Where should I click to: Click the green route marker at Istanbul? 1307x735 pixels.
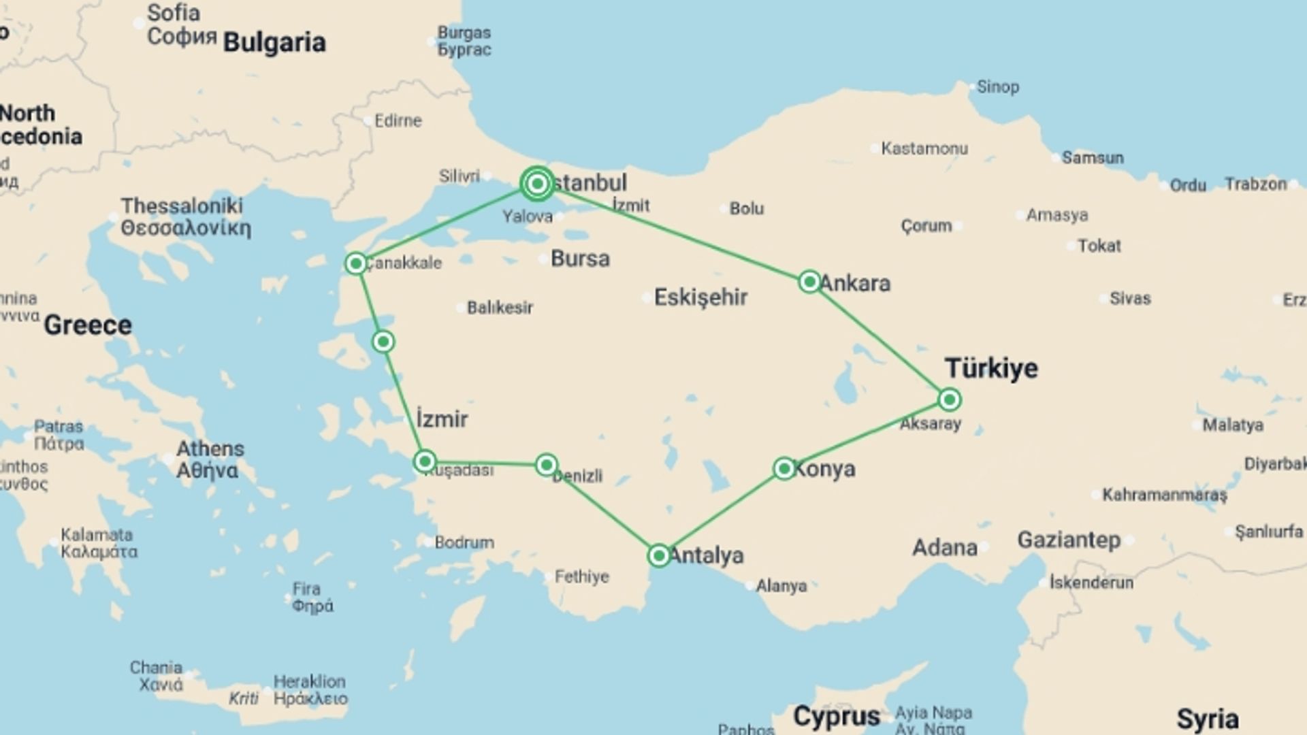[537, 184]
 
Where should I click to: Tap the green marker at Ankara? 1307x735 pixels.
[809, 281]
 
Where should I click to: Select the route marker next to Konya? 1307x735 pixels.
[784, 468]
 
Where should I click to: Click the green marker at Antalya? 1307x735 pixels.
[659, 555]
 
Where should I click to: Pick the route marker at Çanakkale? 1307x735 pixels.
[356, 263]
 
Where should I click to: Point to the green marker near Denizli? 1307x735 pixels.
[547, 465]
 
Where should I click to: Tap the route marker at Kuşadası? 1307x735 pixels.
[425, 462]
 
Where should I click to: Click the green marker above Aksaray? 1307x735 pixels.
[950, 399]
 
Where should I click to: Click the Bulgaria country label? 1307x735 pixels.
[274, 42]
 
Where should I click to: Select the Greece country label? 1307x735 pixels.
[88, 325]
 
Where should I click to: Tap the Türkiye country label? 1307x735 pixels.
[991, 368]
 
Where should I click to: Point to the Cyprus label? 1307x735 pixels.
[837, 716]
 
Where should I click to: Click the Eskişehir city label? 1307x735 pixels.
[700, 297]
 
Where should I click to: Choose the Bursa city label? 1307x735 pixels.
[580, 259]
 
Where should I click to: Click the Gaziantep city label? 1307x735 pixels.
[1069, 540]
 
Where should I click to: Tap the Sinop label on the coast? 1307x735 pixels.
[997, 87]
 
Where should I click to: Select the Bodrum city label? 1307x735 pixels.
[464, 542]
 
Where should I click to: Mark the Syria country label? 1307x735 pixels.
[1208, 719]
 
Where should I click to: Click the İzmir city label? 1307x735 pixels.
[442, 419]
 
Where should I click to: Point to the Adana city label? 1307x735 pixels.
[944, 547]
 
